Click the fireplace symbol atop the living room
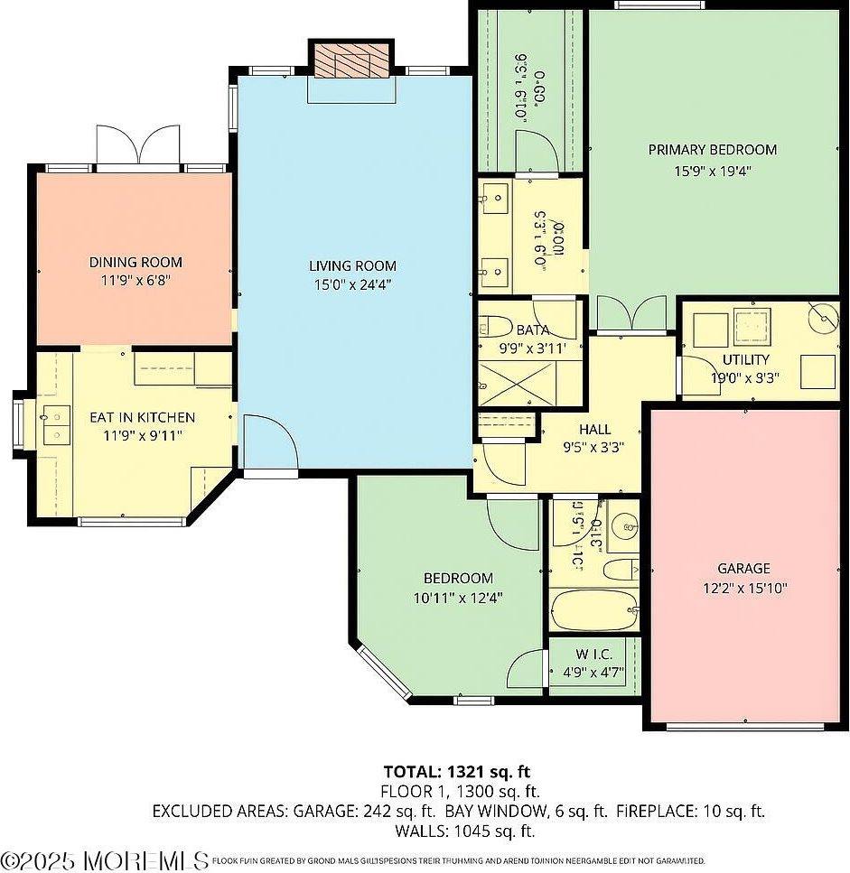point(352,60)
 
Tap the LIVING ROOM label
point(352,265)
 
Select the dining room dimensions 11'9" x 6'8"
point(135,281)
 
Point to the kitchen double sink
point(56,425)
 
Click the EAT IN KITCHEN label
point(142,418)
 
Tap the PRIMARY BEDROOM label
point(712,150)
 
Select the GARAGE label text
point(743,569)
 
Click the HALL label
point(594,430)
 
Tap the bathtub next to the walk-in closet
point(593,611)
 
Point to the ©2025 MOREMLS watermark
point(105,859)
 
